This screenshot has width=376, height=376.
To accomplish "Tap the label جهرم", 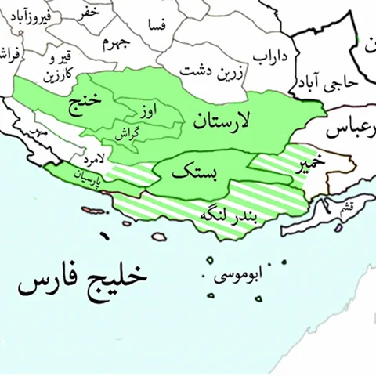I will point(114,41).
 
